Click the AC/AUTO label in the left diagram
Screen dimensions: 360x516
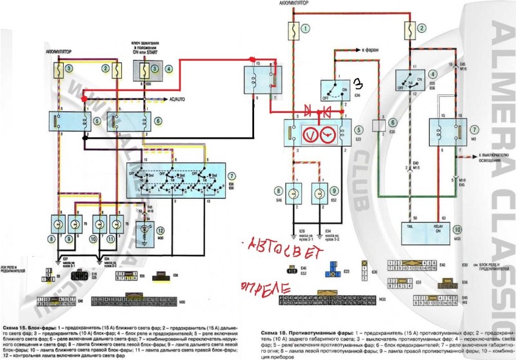pyautogui.click(x=177, y=99)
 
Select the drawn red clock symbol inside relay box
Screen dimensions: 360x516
pyautogui.click(x=327, y=134)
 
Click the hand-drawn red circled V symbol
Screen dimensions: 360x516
pyautogui.click(x=309, y=134)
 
